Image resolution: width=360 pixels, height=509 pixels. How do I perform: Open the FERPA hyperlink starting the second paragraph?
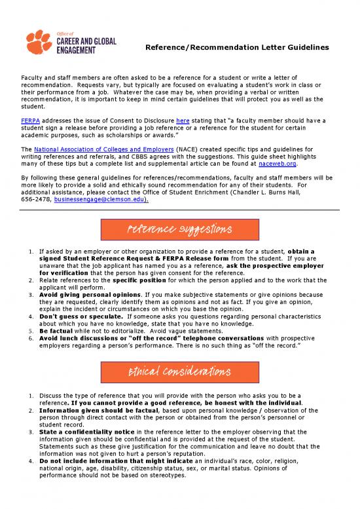[x=30, y=122]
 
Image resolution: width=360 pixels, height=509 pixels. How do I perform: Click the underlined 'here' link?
[x=183, y=122]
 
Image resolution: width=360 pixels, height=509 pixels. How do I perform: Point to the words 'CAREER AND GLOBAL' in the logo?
[x=87, y=41]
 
